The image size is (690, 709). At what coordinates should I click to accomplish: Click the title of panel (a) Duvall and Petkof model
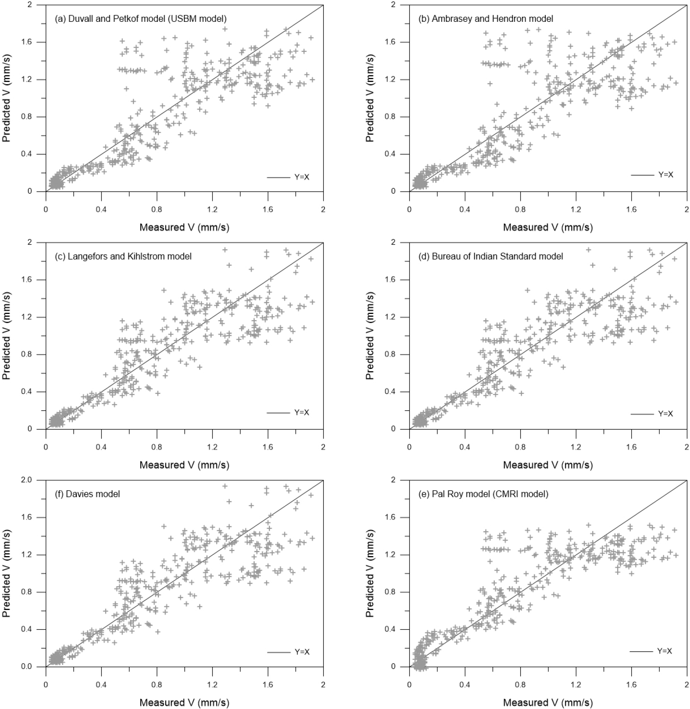(x=141, y=19)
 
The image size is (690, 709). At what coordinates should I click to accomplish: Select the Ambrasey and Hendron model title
(x=492, y=19)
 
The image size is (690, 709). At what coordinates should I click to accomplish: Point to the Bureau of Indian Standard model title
(x=497, y=256)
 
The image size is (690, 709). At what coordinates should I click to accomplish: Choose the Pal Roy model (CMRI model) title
(x=490, y=494)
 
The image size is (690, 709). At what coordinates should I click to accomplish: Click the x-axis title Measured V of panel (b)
(x=548, y=227)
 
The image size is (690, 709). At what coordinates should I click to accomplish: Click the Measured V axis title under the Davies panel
(x=184, y=702)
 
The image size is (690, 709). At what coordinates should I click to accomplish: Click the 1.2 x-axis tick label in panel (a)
(x=212, y=209)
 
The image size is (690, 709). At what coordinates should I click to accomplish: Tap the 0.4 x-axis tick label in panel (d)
(x=465, y=447)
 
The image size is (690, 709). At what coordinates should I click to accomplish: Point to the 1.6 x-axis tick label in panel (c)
(x=268, y=447)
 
